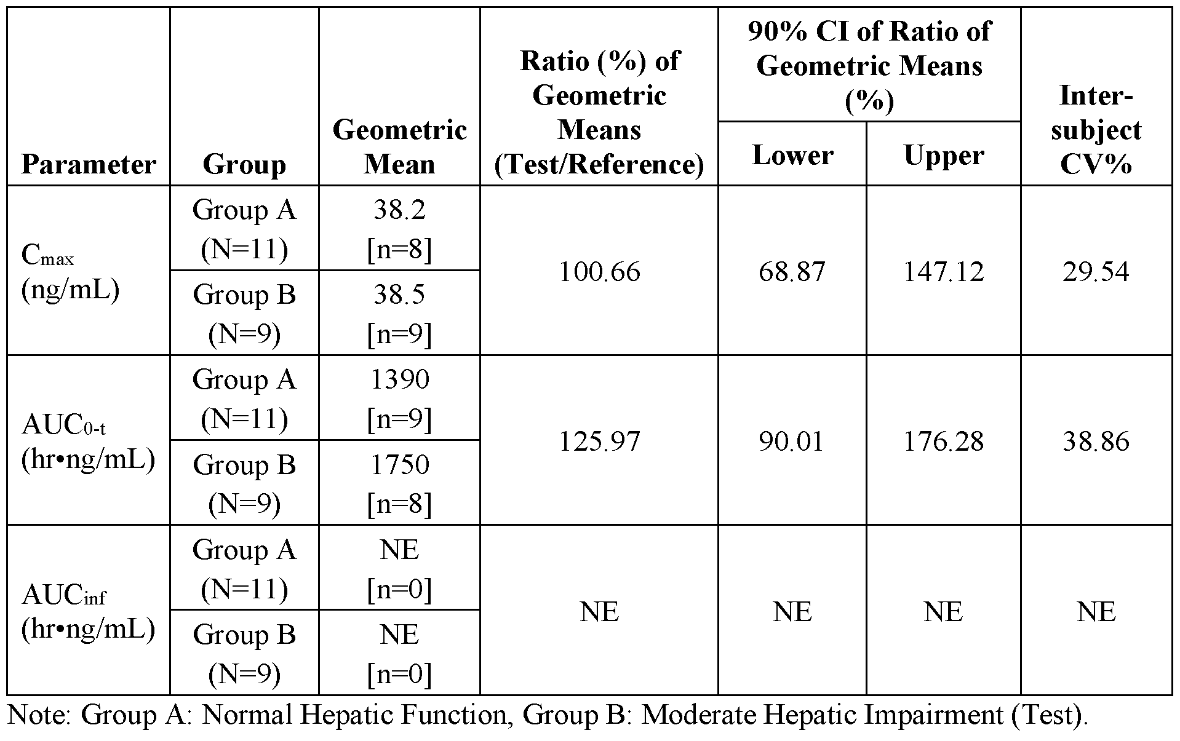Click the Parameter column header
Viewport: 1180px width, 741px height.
pyautogui.click(x=89, y=165)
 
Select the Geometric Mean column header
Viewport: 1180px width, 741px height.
pyautogui.click(x=399, y=148)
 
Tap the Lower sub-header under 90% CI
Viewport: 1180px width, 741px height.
pyautogui.click(x=792, y=155)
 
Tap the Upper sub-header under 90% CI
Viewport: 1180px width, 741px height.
pyautogui.click(x=944, y=155)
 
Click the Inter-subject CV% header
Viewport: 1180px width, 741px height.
pyautogui.click(x=1096, y=130)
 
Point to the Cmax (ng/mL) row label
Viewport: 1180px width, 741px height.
pyautogui.click(x=70, y=271)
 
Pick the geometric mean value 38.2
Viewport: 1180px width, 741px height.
pyautogui.click(x=399, y=211)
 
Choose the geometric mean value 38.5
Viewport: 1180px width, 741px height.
pyautogui.click(x=399, y=295)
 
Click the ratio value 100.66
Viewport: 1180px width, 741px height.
pyautogui.click(x=599, y=271)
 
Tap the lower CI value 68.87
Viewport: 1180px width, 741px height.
pyautogui.click(x=792, y=271)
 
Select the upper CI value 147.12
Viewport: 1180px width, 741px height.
pyautogui.click(x=944, y=271)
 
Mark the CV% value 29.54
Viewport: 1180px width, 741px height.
pyautogui.click(x=1096, y=271)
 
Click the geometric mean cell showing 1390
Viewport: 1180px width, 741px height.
pyautogui.click(x=399, y=380)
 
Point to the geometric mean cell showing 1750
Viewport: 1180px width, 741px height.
pyautogui.click(x=399, y=465)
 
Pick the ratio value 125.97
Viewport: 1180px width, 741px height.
pyautogui.click(x=599, y=442)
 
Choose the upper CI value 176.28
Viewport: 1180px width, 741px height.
pyautogui.click(x=944, y=442)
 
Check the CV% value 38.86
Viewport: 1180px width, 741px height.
pyautogui.click(x=1096, y=442)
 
